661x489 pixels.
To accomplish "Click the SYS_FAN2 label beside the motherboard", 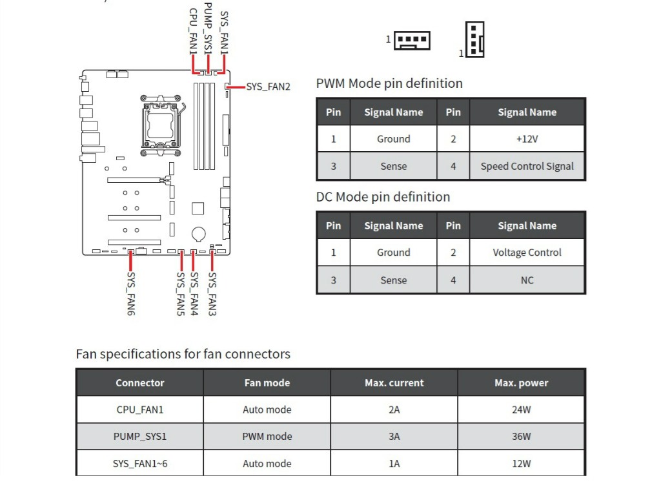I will coord(268,86).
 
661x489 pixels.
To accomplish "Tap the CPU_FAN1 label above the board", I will coord(192,30).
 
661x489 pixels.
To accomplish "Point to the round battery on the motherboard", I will coord(198,233).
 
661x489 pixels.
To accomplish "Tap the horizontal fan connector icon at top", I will coord(412,41).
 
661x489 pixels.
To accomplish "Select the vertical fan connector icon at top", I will coord(475,39).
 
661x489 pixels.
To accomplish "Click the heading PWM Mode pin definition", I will coord(389,83).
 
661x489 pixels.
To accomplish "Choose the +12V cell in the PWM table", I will coord(527,139).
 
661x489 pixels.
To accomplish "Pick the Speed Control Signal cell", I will coord(527,166).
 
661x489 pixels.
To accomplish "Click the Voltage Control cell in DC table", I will coord(527,253).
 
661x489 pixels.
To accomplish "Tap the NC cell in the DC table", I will coord(527,280).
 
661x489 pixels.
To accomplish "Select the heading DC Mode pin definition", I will coord(383,197).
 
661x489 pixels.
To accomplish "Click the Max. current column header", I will coord(394,382).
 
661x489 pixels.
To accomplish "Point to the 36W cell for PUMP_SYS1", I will coord(521,436).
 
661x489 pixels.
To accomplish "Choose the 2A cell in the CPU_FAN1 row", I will coord(394,410).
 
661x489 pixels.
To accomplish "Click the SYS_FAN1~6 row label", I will coord(140,463).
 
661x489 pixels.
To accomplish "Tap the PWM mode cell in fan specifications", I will coord(267,436).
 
